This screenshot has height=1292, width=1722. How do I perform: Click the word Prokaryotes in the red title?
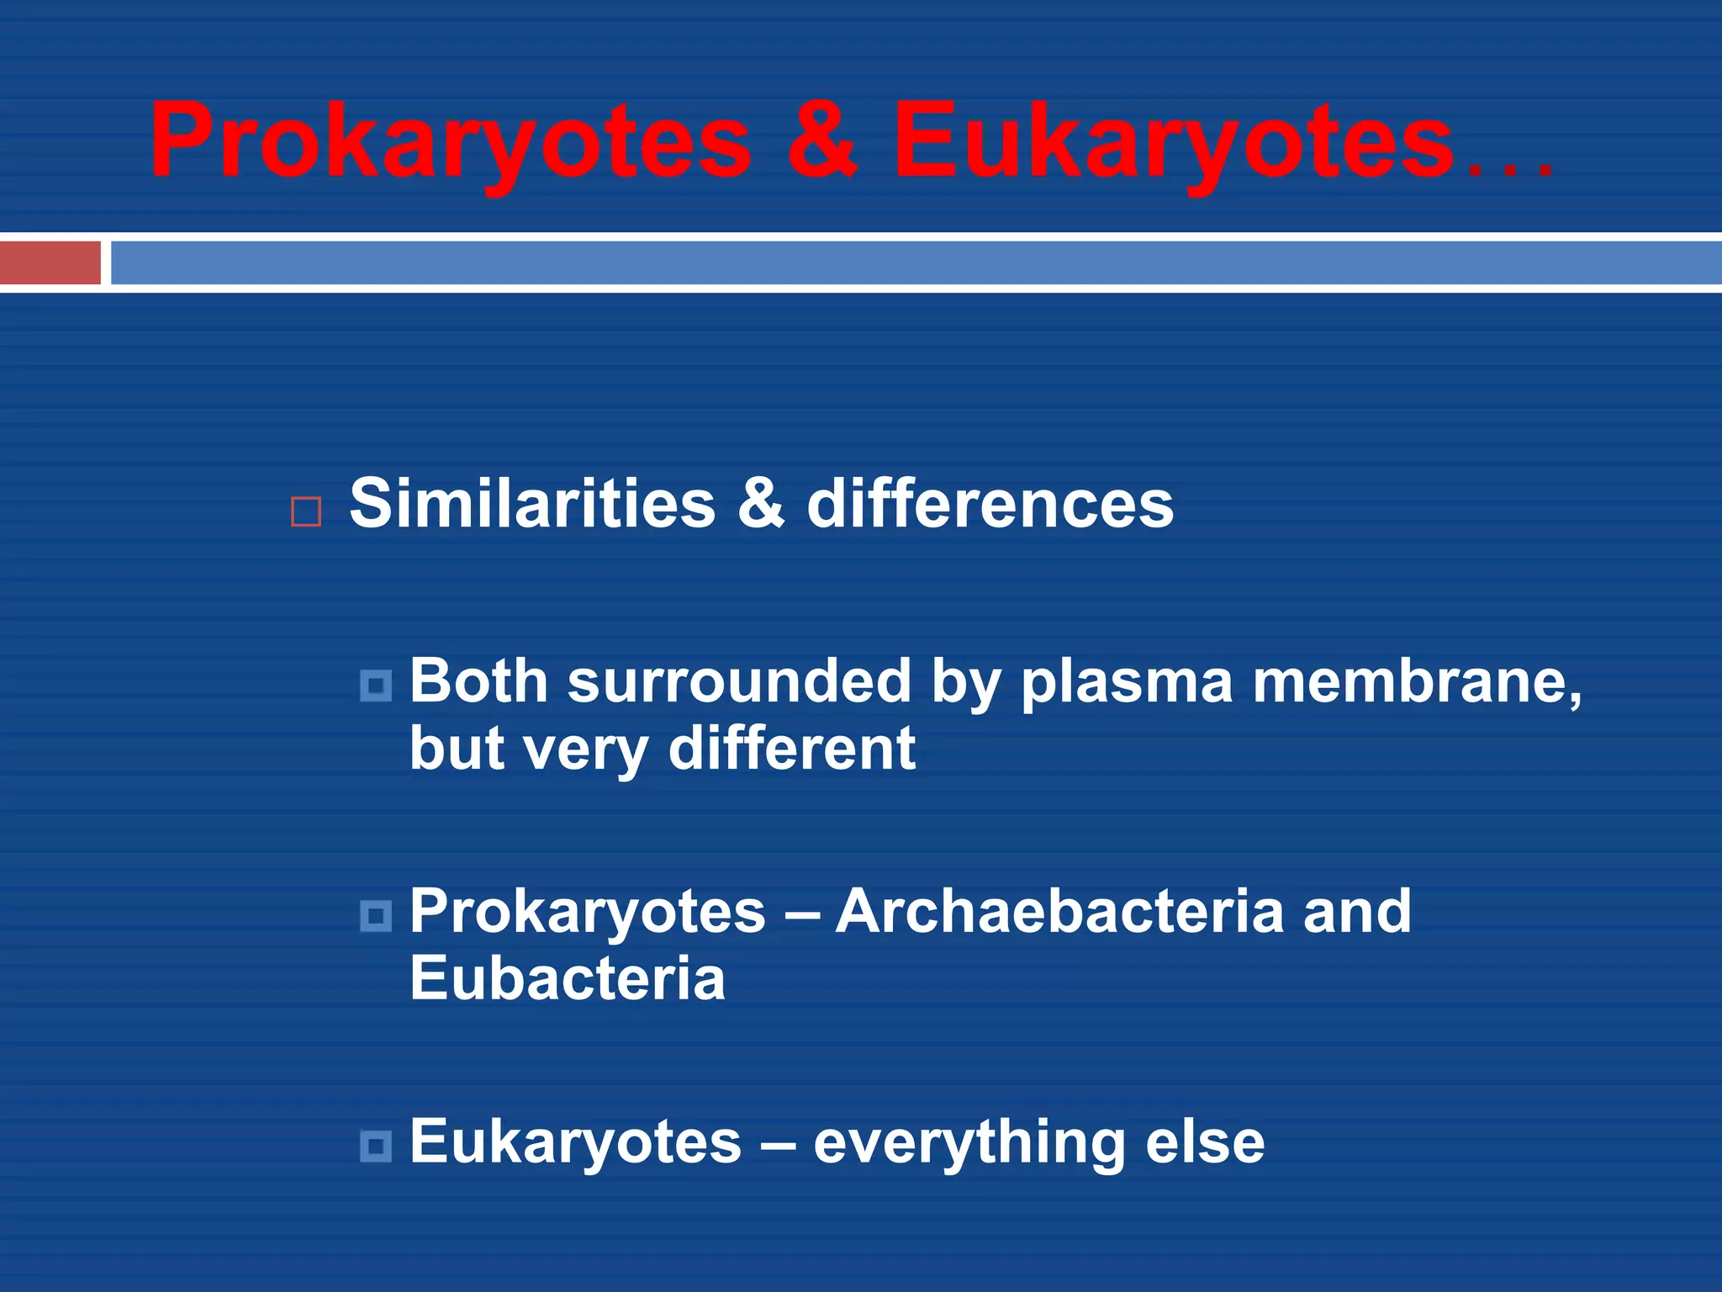coord(450,141)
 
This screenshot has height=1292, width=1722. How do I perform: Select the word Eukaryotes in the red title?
coord(1173,141)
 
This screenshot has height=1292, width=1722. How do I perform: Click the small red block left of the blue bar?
coord(50,262)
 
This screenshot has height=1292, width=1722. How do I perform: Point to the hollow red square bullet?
coord(306,512)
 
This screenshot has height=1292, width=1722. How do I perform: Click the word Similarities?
coord(532,504)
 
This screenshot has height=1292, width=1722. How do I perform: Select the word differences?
coord(990,504)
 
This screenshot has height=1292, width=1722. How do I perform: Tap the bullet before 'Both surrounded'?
coord(376,686)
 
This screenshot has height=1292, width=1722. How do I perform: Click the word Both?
coord(478,680)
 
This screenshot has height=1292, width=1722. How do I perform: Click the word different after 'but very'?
coord(791,748)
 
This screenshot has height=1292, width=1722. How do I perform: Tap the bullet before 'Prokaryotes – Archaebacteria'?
coord(376,916)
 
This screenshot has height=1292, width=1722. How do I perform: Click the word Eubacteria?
coord(567,978)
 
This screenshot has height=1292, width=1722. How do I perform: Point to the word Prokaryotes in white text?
coord(588,913)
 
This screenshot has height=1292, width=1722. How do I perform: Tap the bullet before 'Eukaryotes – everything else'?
coord(376,1146)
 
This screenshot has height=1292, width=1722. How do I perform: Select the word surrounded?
coord(739,680)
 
